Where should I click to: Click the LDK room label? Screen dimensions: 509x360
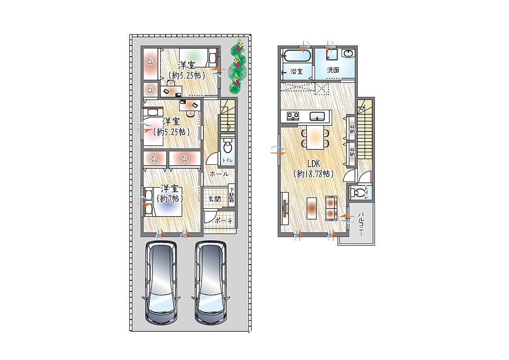click(314, 164)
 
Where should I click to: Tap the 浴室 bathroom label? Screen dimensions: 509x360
click(297, 71)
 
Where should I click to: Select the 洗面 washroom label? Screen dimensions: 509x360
click(333, 70)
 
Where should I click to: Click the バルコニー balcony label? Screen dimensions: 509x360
click(360, 224)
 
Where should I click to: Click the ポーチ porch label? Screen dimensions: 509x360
click(224, 221)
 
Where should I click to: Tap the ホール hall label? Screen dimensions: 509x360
click(219, 174)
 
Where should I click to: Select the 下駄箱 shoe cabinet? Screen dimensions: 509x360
click(232, 196)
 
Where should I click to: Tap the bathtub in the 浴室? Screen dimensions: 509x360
click(297, 55)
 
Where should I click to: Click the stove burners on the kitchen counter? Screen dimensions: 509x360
click(292, 116)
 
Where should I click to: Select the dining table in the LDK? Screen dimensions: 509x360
click(315, 137)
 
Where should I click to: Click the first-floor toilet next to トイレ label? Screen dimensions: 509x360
click(228, 147)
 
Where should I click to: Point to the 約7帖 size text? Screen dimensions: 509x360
click(170, 198)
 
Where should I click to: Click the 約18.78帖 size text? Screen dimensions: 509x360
click(314, 174)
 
